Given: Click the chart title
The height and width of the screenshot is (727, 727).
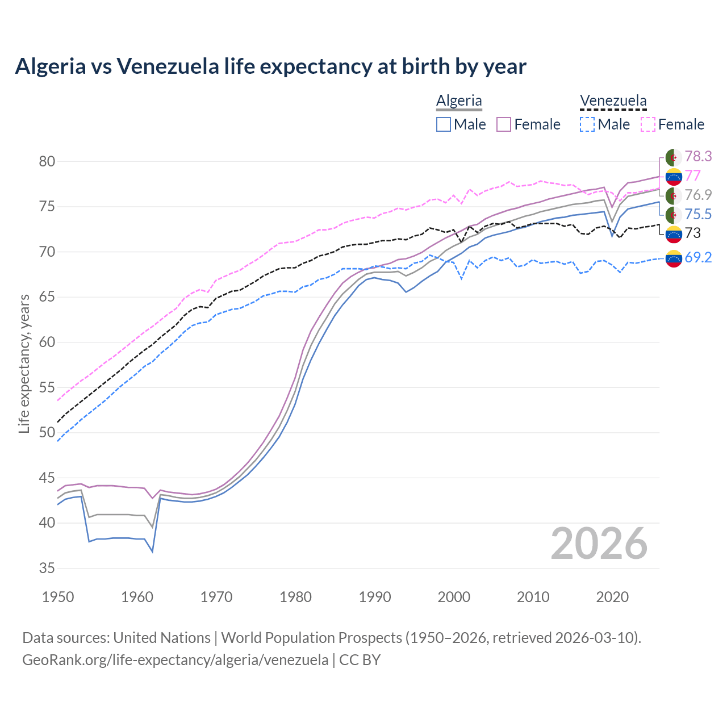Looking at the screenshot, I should pos(270,66).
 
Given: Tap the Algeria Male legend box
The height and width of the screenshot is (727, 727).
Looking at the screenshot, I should pos(444,124).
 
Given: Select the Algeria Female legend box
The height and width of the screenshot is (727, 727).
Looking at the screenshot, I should pos(504,124).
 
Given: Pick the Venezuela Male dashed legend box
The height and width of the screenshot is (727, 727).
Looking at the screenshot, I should pos(587,124).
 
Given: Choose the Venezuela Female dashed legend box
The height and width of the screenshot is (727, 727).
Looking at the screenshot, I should pos(648,124).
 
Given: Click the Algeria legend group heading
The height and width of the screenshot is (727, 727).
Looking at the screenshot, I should pos(459,101).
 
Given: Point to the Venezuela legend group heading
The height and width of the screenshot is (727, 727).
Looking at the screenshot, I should pos(613,101).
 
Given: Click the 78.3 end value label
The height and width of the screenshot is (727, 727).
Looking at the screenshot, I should pos(698,156).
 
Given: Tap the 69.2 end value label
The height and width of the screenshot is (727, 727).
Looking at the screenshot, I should pos(698,257).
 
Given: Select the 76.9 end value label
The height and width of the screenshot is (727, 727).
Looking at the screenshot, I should pos(698,195).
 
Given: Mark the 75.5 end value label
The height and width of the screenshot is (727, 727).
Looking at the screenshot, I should pos(698,214).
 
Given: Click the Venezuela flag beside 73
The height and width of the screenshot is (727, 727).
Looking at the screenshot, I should pos(674,233).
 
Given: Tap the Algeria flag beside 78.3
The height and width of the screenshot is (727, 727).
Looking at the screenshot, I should pos(674,157).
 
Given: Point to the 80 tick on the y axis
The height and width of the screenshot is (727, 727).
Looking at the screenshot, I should pos(47,161).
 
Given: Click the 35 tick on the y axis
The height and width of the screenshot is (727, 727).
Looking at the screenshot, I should pos(47,568).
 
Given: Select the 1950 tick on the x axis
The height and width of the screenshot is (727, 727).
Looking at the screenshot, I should pos(58,597).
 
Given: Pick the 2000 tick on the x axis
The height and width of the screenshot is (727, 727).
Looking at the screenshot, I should pos(454,597).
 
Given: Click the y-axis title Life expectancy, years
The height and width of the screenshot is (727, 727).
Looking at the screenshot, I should pos(24,363).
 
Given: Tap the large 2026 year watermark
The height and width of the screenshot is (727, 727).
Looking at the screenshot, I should pos(599,544).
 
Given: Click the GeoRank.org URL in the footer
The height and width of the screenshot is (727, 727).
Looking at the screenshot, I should pos(175,660).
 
